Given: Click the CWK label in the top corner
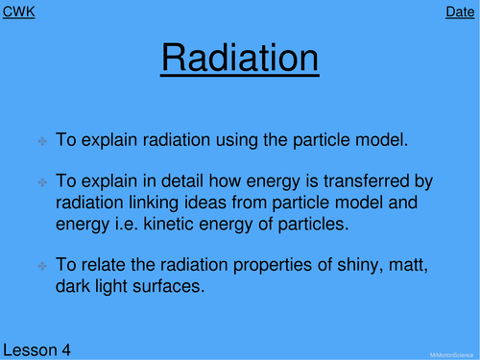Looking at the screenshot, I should (x=19, y=12).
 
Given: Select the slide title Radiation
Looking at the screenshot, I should (x=239, y=59).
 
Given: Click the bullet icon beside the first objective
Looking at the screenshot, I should (x=42, y=141).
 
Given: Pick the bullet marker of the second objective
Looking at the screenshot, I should (x=42, y=182).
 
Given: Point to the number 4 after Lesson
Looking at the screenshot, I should (x=67, y=349).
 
